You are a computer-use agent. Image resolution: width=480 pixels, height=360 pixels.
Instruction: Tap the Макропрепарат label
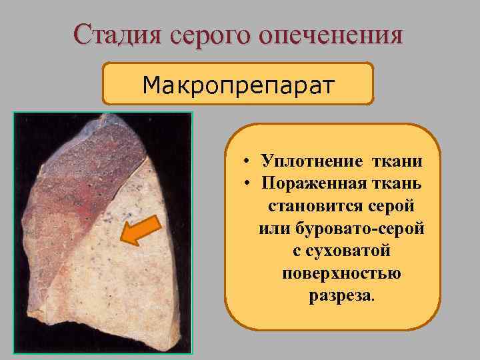click(x=238, y=85)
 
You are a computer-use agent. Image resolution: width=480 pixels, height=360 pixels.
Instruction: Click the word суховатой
click(x=347, y=251)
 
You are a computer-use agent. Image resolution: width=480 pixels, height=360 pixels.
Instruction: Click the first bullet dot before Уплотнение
click(x=247, y=161)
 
